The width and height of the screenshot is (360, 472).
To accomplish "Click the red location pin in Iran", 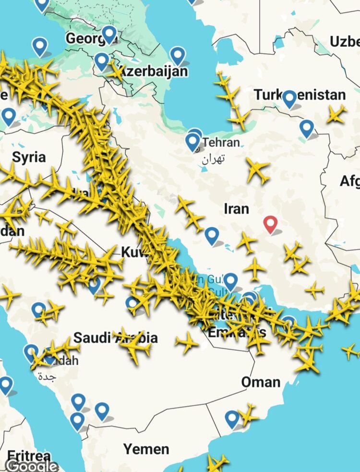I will click(x=271, y=223).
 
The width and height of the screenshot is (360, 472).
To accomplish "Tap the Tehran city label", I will click(x=220, y=143).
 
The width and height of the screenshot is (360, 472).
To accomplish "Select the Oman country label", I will click(x=261, y=382).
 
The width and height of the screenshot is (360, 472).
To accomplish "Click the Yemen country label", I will click(x=146, y=449).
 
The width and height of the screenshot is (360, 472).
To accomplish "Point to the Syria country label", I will click(x=29, y=157).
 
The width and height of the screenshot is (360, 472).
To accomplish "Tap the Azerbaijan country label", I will click(x=153, y=72).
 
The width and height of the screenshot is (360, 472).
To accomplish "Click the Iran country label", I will click(x=237, y=208).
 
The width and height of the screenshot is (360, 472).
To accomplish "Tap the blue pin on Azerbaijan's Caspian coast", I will click(x=178, y=55).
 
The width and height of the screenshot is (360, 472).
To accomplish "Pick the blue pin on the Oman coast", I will click(x=232, y=418).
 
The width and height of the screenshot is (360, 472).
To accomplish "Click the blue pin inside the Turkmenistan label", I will click(x=289, y=98).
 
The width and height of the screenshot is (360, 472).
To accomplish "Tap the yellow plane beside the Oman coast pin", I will click(x=248, y=413).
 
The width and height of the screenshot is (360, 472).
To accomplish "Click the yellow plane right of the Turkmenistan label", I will click(x=336, y=114).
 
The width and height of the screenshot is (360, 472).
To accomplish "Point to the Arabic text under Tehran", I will click(x=213, y=158).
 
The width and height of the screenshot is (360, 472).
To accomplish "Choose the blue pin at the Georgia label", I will click(x=109, y=34).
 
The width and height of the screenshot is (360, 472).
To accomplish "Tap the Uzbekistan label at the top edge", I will click(x=345, y=42).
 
